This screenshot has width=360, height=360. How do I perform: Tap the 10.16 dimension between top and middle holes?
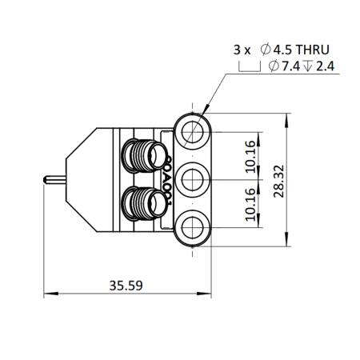(250, 155)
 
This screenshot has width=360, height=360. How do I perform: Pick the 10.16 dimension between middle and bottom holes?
(250, 205)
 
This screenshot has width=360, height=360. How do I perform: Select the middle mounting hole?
(192, 181)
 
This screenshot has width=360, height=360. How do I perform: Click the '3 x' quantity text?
(242, 49)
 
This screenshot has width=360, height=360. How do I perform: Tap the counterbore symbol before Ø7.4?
(249, 66)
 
